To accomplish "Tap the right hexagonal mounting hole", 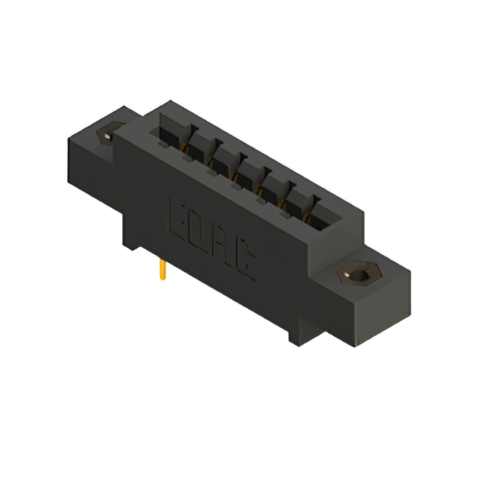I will click(359, 275).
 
